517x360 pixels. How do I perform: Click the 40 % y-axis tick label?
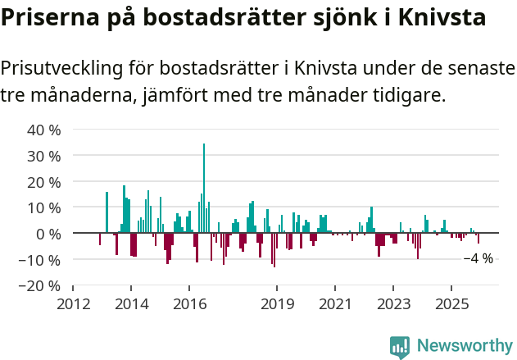(44, 130)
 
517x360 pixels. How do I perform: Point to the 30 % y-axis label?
(44, 156)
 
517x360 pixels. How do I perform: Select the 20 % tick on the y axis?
(44, 182)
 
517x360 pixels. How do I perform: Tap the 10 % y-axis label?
(44, 208)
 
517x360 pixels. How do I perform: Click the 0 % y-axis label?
(48, 235)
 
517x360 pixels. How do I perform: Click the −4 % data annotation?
(478, 258)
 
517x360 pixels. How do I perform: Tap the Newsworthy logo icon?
(400, 347)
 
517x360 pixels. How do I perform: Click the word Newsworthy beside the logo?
(464, 347)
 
